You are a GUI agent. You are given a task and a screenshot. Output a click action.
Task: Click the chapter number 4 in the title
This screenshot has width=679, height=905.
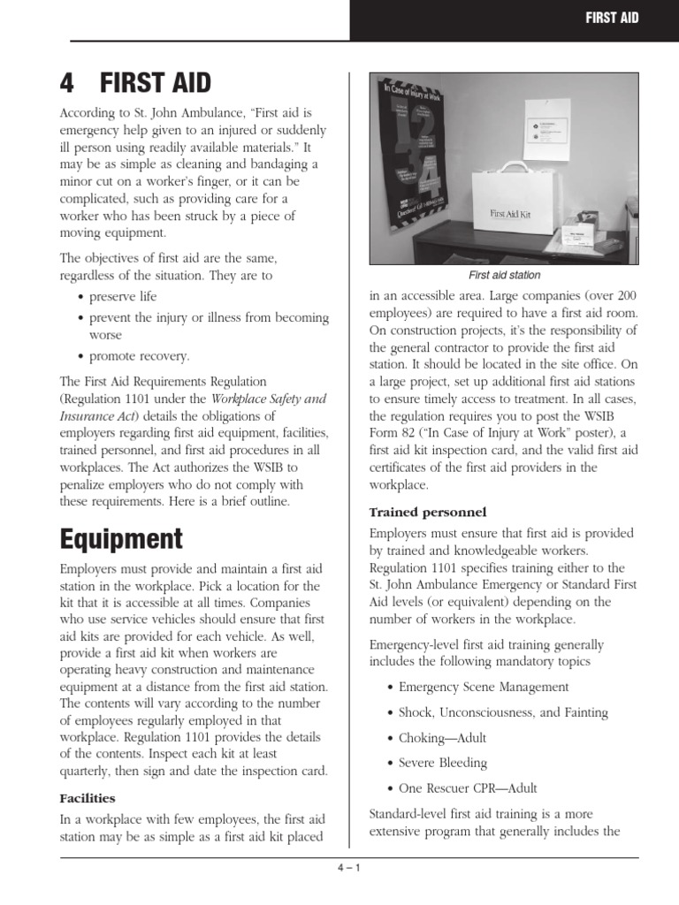[x=68, y=84]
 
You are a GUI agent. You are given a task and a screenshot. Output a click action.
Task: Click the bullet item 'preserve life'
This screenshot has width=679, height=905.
[x=127, y=296]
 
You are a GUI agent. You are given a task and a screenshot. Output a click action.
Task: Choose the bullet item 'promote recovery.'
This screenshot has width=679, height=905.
[x=139, y=356]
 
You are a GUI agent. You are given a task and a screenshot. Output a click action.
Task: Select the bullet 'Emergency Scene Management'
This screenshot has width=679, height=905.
[x=484, y=687]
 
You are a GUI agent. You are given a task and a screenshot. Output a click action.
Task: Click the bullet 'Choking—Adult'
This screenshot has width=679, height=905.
[x=442, y=738]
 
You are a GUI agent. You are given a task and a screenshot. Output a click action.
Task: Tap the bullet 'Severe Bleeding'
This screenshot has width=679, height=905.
[x=443, y=763]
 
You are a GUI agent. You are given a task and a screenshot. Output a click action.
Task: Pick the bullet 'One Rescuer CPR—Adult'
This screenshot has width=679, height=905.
[x=468, y=788]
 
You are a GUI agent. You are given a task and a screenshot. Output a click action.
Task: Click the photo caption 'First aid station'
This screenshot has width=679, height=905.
[x=504, y=275]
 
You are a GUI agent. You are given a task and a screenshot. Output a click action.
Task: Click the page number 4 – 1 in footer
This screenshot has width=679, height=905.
[x=348, y=867]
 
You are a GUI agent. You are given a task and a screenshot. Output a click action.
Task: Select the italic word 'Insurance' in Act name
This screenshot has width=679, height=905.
[x=87, y=415]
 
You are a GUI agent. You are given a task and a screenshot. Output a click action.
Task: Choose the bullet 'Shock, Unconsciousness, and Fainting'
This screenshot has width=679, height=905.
[x=503, y=712]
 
